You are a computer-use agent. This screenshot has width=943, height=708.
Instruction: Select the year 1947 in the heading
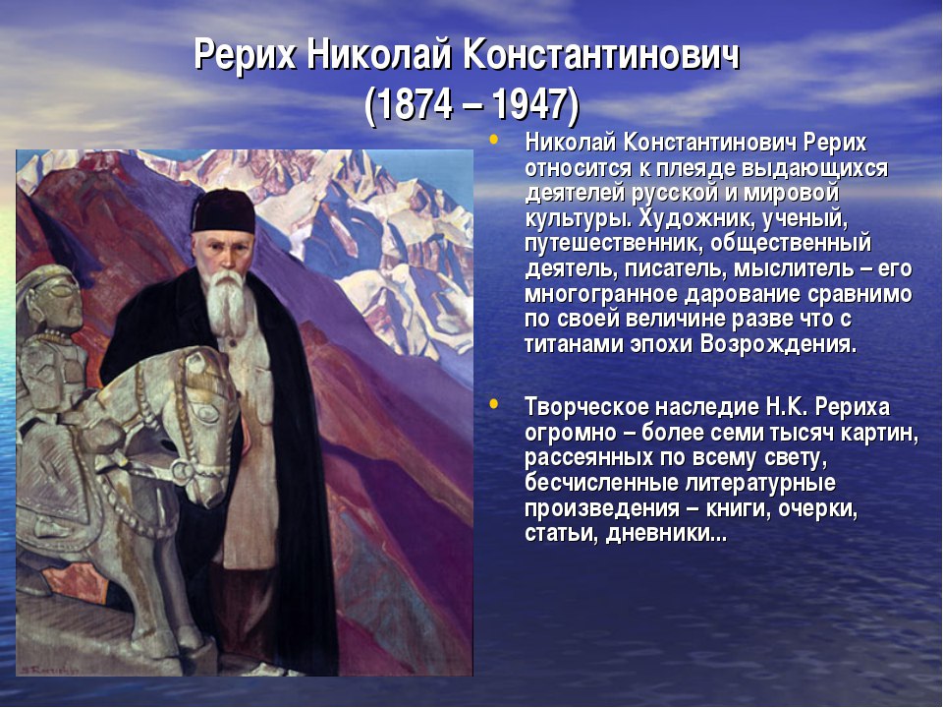[529, 104]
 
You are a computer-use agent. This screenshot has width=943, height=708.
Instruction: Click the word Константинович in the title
[601, 56]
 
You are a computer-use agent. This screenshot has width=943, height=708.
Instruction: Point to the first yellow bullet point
[494, 140]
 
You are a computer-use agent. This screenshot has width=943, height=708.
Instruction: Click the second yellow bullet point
[494, 403]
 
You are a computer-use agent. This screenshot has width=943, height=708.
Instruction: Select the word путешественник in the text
[613, 244]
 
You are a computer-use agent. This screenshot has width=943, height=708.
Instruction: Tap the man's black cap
[223, 212]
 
